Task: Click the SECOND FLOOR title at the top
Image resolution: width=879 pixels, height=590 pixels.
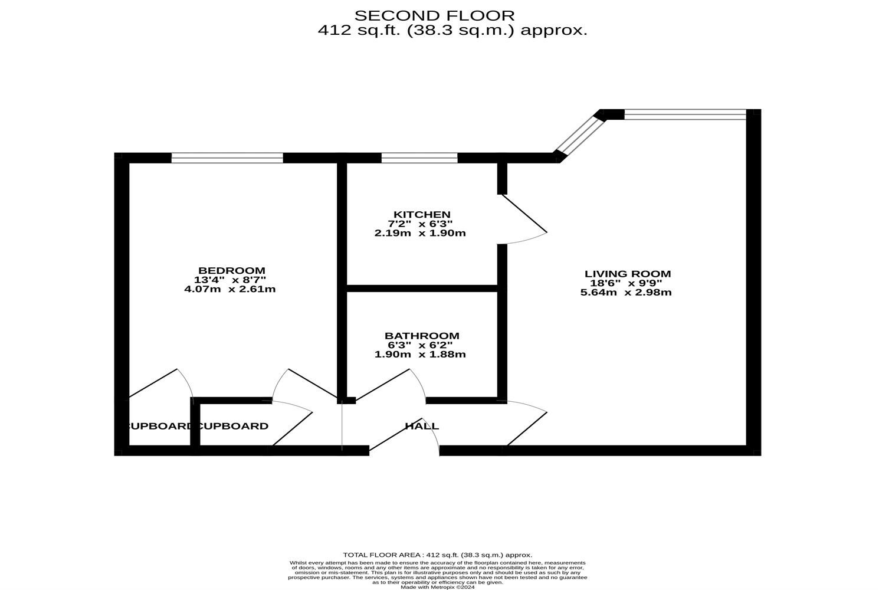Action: pyautogui.click(x=434, y=15)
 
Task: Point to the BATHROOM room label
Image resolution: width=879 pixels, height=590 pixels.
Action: pyautogui.click(x=422, y=336)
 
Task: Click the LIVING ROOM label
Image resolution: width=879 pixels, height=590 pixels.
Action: pyautogui.click(x=628, y=274)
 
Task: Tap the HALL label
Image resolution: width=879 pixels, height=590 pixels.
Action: pyautogui.click(x=422, y=426)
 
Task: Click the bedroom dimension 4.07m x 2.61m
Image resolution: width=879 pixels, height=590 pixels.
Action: pyautogui.click(x=230, y=289)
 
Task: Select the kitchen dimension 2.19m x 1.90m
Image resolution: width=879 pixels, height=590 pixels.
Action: pyautogui.click(x=420, y=233)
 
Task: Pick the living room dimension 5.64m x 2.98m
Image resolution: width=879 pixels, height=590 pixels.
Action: pyautogui.click(x=626, y=292)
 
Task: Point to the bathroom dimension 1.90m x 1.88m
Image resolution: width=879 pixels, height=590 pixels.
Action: pyautogui.click(x=420, y=355)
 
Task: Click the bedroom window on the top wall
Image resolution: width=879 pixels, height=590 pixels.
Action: pyautogui.click(x=227, y=158)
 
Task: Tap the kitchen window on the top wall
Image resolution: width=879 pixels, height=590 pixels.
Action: pyautogui.click(x=419, y=158)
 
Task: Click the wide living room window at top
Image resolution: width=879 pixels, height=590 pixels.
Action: pyautogui.click(x=684, y=114)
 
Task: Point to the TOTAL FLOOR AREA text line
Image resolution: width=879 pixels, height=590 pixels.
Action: pyautogui.click(x=437, y=555)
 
